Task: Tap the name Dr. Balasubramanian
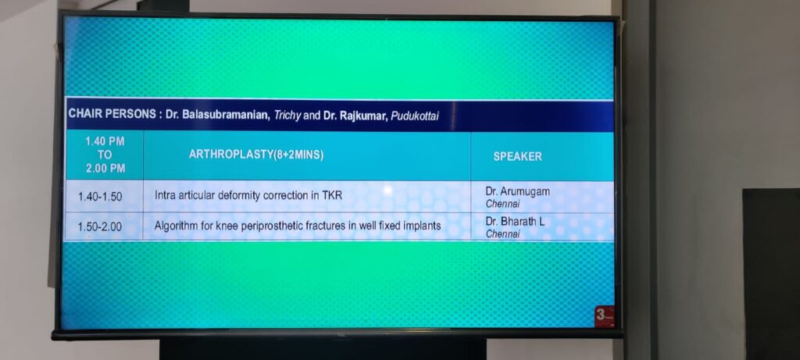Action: click(x=217, y=116)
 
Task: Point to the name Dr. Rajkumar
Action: click(x=355, y=116)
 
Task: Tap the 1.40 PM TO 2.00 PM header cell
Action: click(x=105, y=155)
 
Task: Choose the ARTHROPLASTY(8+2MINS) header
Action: click(x=256, y=155)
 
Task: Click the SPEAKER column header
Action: click(x=517, y=156)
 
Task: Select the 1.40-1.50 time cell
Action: click(x=100, y=196)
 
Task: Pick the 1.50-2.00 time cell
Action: click(x=100, y=227)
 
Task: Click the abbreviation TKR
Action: click(x=332, y=195)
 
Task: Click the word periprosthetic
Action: click(x=273, y=226)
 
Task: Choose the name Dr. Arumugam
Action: click(x=517, y=192)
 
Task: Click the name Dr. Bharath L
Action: click(x=515, y=223)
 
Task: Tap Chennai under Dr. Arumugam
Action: click(x=502, y=204)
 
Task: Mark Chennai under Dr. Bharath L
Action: click(x=502, y=234)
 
